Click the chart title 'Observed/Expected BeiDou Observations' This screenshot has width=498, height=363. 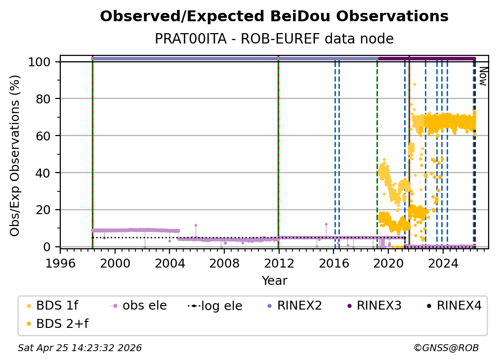point(274,16)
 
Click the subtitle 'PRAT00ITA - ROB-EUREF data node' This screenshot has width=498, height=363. point(274,39)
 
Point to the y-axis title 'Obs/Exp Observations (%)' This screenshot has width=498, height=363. point(15,155)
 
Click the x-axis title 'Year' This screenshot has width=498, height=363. point(274,281)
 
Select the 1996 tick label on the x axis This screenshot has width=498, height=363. point(60,264)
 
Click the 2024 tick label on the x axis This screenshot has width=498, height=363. point(443,264)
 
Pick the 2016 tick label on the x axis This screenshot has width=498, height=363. point(333,264)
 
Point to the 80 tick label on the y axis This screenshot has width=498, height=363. point(46,99)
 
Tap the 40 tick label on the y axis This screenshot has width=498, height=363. point(46,173)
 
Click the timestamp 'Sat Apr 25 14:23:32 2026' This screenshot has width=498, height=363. point(80,348)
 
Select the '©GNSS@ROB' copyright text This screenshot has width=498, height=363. point(446,348)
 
